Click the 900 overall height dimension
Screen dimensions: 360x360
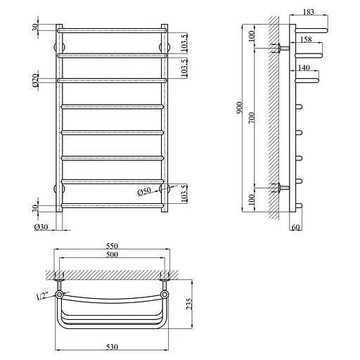click(239, 108)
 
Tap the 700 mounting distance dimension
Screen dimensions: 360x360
click(251, 118)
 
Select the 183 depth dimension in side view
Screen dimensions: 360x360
click(309, 12)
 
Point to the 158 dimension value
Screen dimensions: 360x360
click(306, 39)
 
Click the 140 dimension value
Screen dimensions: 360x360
click(304, 67)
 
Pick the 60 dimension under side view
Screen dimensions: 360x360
click(296, 227)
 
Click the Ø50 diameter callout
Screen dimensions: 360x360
click(144, 192)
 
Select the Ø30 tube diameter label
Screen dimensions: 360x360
click(41, 227)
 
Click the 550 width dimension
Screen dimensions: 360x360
click(112, 246)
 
